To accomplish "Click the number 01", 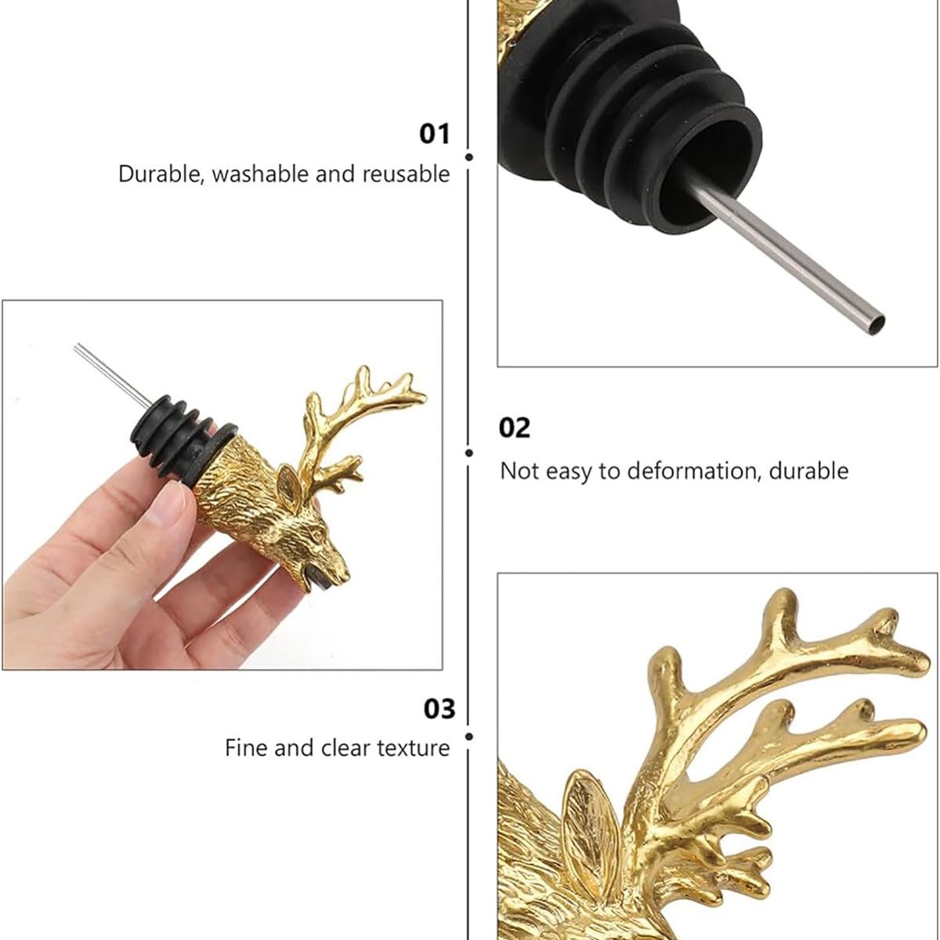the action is tap(434, 134).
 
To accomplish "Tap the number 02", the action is tap(514, 428).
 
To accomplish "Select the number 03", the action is tap(439, 709).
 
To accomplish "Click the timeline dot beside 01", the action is tap(469, 157).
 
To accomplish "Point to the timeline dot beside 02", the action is tap(469, 454).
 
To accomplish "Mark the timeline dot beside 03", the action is tap(469, 736).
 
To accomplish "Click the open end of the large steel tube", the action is tap(877, 323).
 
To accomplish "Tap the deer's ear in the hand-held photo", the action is tap(290, 488).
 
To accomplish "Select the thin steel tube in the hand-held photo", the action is tap(113, 375).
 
